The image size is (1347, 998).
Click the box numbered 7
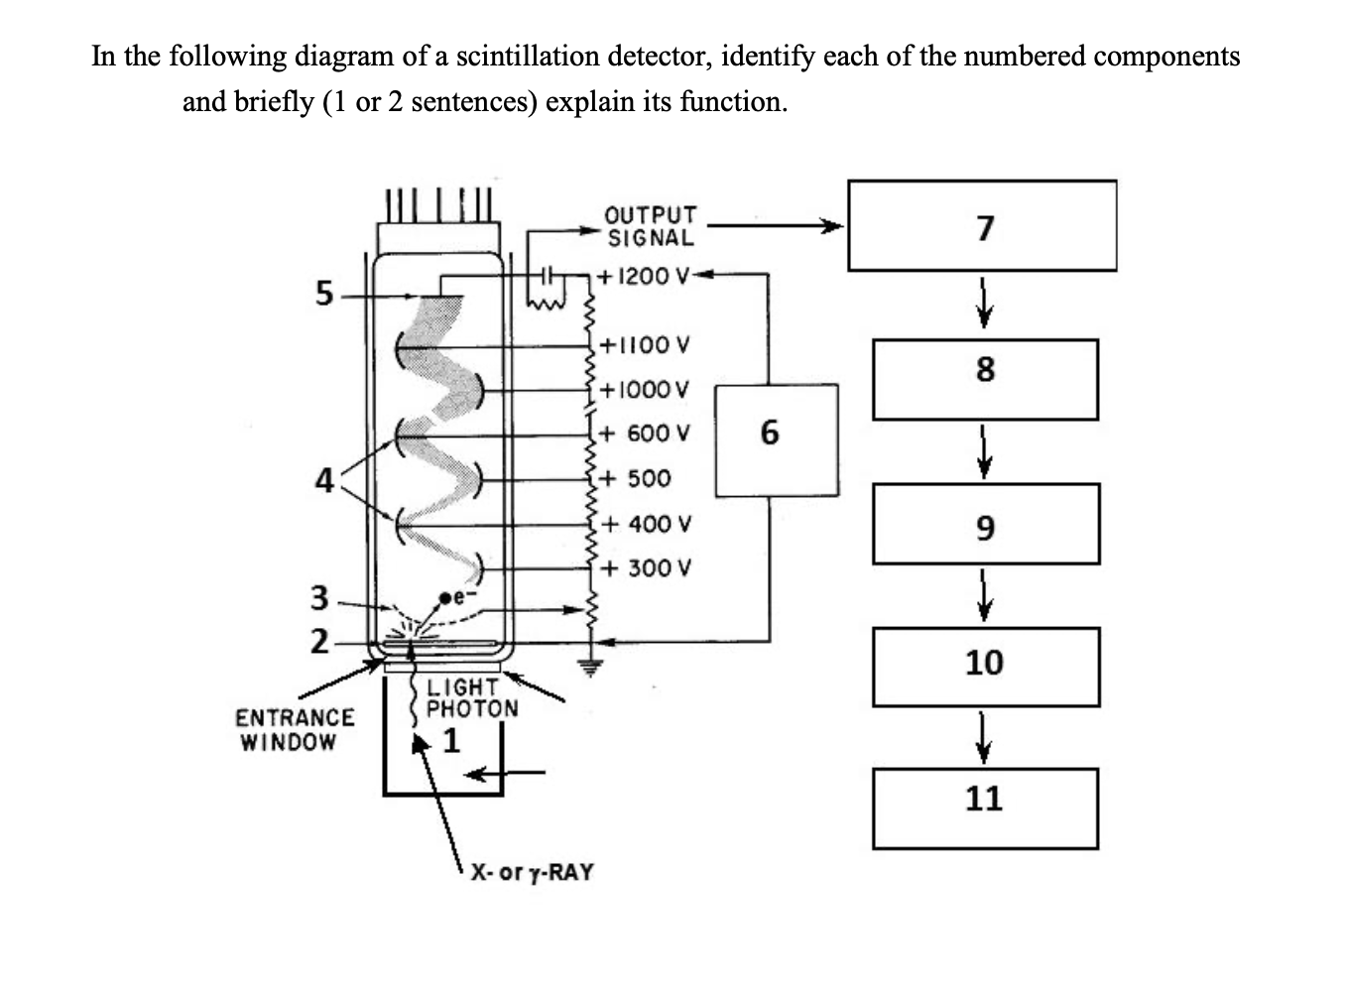coord(981,225)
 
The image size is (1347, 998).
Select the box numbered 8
coord(984,379)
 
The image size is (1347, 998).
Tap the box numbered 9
coord(986,523)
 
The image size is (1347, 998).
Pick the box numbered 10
coord(985,666)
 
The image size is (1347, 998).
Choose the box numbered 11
coord(984,808)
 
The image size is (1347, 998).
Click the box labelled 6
coord(776,439)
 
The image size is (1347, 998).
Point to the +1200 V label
coord(644,276)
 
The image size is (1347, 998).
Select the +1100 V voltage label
coord(646,345)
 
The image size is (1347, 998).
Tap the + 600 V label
coord(645,434)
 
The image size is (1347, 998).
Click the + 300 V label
coord(646,568)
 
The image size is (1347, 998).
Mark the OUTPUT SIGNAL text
coord(651,226)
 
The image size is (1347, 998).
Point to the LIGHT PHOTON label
coord(471,697)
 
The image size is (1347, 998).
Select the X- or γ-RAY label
coord(532,872)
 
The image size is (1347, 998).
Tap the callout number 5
coord(323,294)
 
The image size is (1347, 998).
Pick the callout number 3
coord(319,598)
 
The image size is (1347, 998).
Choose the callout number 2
coord(319,642)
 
